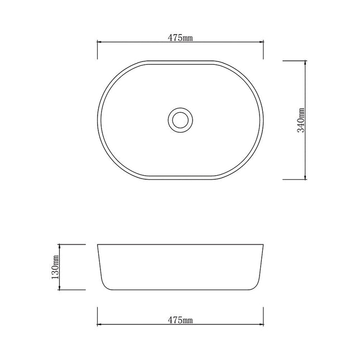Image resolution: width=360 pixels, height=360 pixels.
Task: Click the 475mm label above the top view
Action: tap(180, 38)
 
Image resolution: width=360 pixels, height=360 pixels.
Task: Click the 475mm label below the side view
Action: tap(180, 320)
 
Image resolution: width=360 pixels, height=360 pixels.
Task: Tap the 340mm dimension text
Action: tap(301, 119)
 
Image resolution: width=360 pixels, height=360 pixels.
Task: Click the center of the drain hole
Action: tap(180, 119)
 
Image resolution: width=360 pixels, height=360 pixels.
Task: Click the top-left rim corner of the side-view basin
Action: tap(98, 244)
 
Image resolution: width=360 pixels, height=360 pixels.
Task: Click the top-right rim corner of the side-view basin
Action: tap(263, 244)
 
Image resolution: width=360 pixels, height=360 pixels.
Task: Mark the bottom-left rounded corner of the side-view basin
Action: tap(105, 286)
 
